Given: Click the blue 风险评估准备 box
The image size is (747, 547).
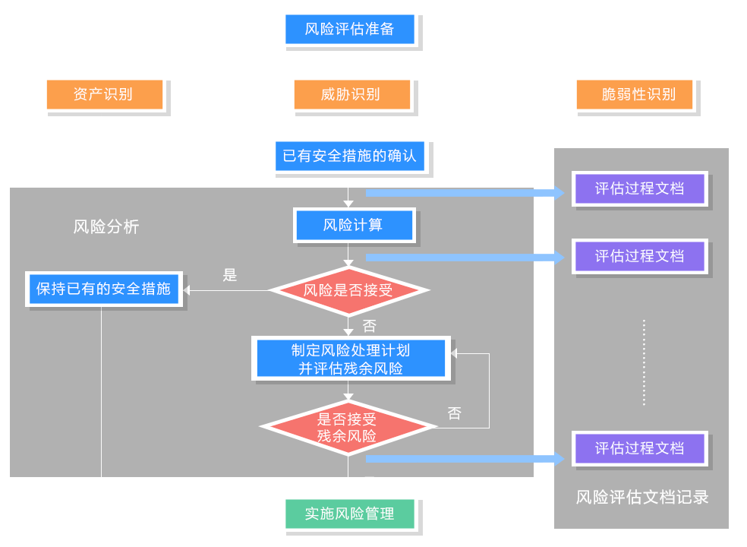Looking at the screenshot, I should point(350,30).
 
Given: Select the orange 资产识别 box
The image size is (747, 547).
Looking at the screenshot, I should point(104,95).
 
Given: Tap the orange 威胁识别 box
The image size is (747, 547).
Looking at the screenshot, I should point(351,95).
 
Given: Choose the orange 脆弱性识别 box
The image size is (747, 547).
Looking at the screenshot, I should point(636,95).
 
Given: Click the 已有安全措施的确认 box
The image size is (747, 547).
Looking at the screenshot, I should point(350,157).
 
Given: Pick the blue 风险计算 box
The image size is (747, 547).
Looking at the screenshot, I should point(353,225).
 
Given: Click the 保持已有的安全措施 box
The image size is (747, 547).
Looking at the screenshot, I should point(102,289).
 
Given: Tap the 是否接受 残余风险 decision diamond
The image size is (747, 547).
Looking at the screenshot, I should point(348,427).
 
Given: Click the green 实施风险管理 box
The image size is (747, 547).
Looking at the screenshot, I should point(350,514).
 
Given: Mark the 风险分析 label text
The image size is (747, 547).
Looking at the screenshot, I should point(106,227).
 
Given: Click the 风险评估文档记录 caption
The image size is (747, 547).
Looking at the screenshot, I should point(641,498).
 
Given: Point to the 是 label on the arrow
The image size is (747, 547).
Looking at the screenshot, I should point(230,275).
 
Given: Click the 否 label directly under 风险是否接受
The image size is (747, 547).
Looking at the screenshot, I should point(369,327).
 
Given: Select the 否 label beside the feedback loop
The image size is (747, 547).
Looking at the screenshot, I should point(454,414).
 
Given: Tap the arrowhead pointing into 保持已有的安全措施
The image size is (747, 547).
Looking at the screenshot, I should point(188,289).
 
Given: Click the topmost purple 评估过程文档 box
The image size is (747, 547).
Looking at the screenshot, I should point(639,188).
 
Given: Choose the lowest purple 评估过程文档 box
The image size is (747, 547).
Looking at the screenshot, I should point(639,448).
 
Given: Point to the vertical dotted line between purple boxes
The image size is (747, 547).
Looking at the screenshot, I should point(644,363).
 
